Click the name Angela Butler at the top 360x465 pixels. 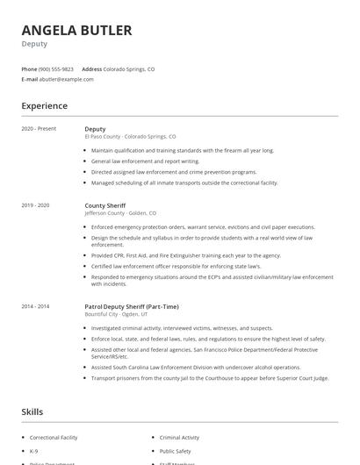[x=76, y=31]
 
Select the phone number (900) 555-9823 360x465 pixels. [x=55, y=68]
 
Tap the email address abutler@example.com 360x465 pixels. [x=66, y=79]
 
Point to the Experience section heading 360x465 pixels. [x=45, y=106]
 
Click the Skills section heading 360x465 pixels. [x=32, y=411]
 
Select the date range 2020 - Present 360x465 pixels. [x=39, y=128]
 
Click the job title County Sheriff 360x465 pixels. [x=104, y=205]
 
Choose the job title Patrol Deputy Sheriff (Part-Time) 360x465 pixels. [x=131, y=306]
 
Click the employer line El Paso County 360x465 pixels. [x=130, y=137]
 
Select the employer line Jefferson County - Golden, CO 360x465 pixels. [x=120, y=213]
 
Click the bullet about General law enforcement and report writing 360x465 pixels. [x=146, y=161]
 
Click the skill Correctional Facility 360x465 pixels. [x=54, y=436]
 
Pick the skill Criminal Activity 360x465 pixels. [x=179, y=436]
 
